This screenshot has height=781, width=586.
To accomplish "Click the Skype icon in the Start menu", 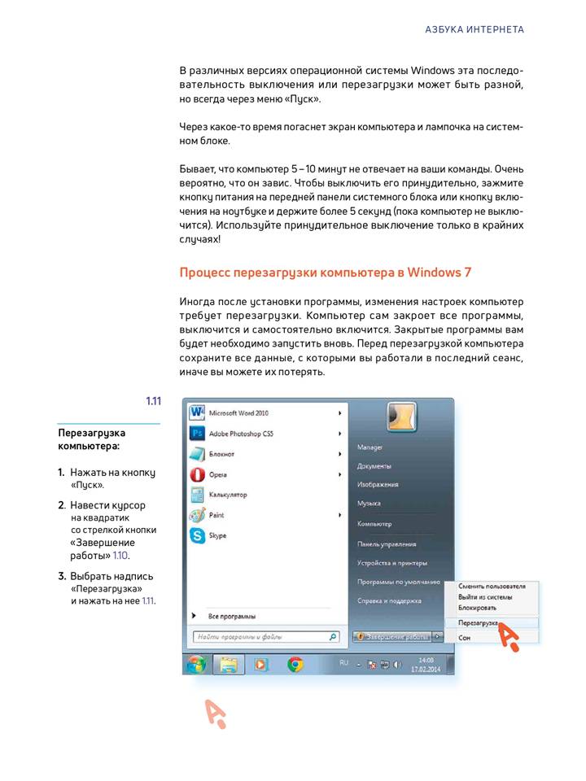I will pos(197,535).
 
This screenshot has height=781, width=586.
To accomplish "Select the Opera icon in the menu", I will pos(197,474).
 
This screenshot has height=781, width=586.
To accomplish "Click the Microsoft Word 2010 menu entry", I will pos(238,413).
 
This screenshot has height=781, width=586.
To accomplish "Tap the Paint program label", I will pos(216,515).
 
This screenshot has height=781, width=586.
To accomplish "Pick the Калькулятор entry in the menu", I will pos(228,495).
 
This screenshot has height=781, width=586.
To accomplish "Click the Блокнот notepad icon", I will pos(197,454).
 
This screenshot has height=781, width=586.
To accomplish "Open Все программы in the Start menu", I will pos(232,616).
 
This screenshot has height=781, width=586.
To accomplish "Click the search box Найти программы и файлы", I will pos(260,637).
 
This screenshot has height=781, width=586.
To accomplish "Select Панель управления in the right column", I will pos(387,544).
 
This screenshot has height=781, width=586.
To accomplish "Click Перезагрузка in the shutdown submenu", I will pos(478,622).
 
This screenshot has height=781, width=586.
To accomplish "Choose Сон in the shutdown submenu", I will pos(464,638).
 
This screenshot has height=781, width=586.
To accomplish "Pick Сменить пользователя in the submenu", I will pos(492,586).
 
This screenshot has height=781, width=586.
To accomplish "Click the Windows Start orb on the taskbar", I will pos(196,665).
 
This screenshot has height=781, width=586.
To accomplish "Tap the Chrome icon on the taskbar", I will pos(295,665).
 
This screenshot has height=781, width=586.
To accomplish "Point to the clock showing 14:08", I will pos(426,661).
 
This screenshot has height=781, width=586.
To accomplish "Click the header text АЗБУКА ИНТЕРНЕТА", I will pos(474,29).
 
